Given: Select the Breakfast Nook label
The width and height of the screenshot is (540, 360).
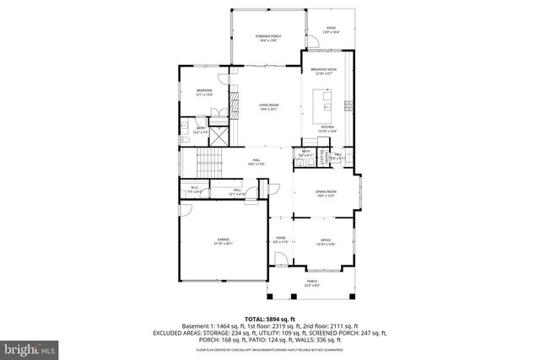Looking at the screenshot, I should [x=325, y=71].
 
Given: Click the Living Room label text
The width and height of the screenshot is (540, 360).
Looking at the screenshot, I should [x=268, y=107].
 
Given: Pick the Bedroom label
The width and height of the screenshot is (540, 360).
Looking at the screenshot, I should [x=204, y=92].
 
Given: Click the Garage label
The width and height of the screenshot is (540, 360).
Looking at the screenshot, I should [x=223, y=241].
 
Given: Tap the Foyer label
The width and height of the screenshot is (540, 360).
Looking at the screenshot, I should [x=281, y=240].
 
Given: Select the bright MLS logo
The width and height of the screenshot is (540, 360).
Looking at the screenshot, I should [x=30, y=346].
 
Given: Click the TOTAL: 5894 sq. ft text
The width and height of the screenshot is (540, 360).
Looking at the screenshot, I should [x=269, y=317].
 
